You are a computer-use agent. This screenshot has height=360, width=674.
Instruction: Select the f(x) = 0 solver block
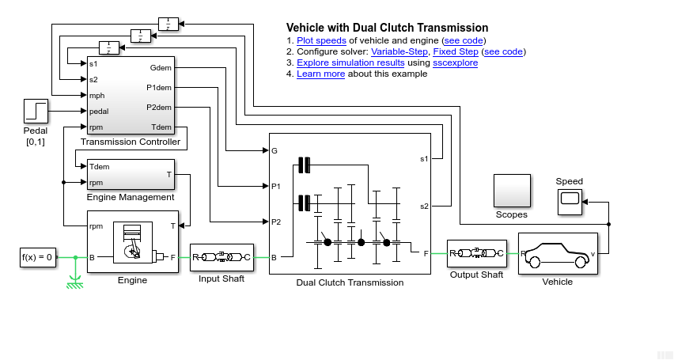(37, 257)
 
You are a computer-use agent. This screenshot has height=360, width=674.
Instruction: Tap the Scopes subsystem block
(511, 190)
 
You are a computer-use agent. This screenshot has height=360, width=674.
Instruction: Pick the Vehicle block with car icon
(557, 253)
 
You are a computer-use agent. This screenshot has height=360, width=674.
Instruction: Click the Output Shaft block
(476, 254)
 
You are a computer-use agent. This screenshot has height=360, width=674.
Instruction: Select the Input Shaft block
(222, 257)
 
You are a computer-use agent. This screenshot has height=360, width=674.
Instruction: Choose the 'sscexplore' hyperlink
(455, 63)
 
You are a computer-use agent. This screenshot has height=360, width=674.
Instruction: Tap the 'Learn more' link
(320, 74)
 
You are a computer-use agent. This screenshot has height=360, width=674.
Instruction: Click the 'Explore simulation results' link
(350, 63)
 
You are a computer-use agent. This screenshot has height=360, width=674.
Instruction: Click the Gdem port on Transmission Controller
(161, 67)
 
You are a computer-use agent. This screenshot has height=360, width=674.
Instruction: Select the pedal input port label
(99, 112)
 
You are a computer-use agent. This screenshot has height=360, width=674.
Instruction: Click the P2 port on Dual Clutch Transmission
(276, 222)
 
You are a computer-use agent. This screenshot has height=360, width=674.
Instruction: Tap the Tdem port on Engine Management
(100, 167)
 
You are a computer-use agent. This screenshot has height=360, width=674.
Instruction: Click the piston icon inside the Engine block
(132, 241)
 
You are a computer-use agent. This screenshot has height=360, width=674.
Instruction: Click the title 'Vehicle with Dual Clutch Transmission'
(387, 28)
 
